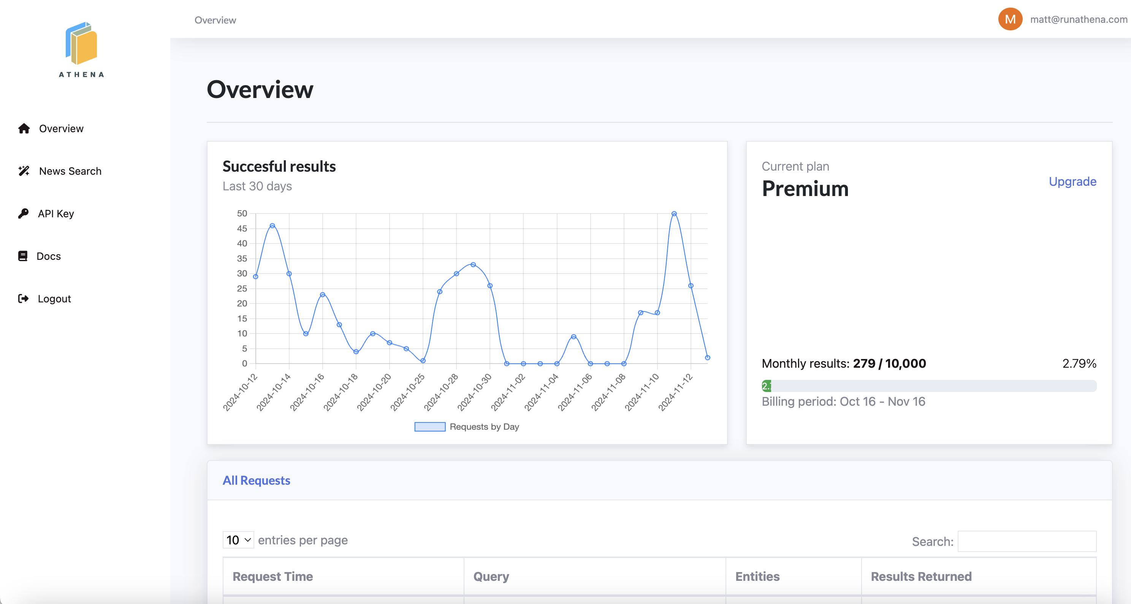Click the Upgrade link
point(1072,182)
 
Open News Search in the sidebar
point(70,171)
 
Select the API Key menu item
point(56,214)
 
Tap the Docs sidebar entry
point(48,256)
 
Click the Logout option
point(54,299)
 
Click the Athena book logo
point(82,44)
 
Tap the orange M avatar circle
point(1010,19)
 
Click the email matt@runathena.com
point(1078,19)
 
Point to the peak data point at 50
point(674,214)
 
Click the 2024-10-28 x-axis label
point(442,392)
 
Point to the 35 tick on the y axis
point(242,259)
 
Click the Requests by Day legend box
point(430,427)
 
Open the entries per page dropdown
point(238,540)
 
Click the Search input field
point(1026,541)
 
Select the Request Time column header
point(272,576)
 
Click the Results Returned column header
point(921,576)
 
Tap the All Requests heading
point(257,481)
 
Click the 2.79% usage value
point(1079,364)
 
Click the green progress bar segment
point(767,386)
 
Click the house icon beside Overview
point(24,129)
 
